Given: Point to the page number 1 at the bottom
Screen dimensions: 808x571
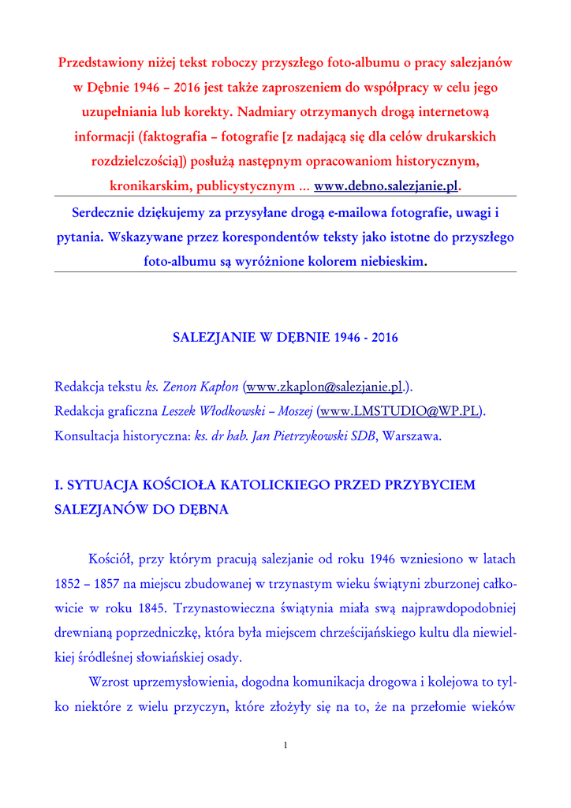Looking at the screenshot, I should (285, 746).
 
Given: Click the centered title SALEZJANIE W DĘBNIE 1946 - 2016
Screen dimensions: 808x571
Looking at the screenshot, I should (285, 338).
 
